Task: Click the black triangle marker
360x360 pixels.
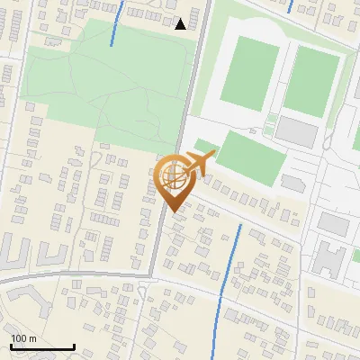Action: [181, 24]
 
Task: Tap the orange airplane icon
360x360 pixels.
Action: [199, 164]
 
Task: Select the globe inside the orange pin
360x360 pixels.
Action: [175, 177]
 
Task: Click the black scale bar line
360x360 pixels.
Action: [42, 347]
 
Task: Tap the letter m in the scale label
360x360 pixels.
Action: [31, 339]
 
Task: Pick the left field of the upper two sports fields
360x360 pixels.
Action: [249, 74]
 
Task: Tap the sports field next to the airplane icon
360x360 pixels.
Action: [251, 155]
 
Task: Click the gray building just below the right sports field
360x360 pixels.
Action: [297, 131]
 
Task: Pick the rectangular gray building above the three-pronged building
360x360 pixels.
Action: [333, 222]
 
